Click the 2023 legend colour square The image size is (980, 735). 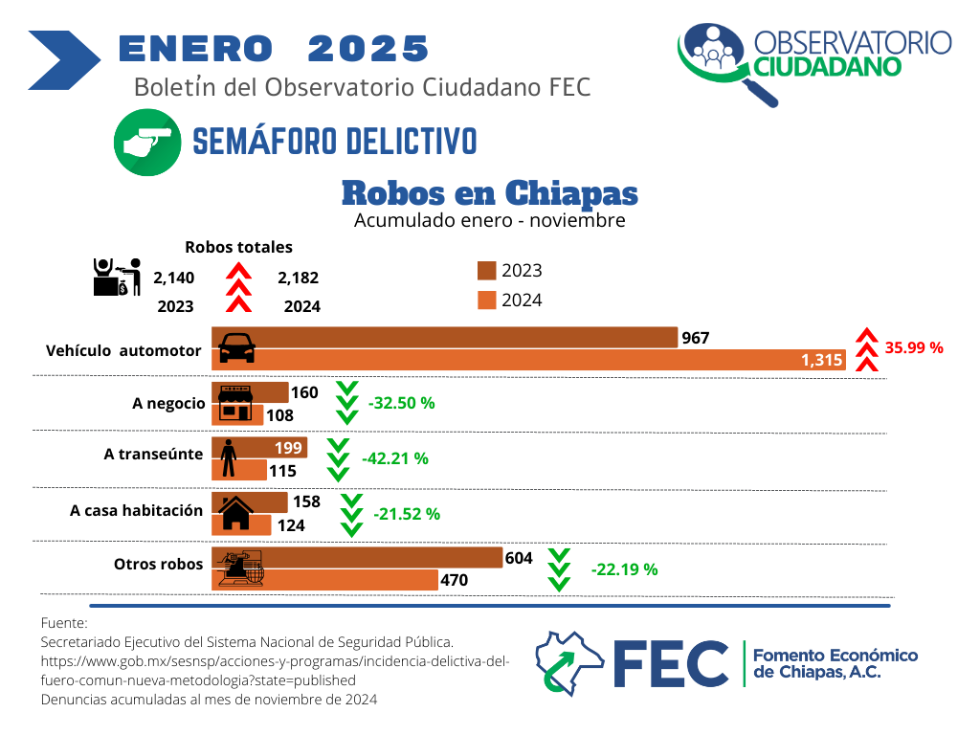[x=485, y=271]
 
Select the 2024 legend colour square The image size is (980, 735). [x=485, y=301]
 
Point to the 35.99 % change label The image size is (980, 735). [x=914, y=347]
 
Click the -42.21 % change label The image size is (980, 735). [x=394, y=458]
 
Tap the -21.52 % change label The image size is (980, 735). [x=407, y=514]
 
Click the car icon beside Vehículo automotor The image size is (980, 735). [x=237, y=348]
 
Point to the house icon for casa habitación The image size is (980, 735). [x=236, y=513]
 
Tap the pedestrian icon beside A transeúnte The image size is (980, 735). [x=229, y=457]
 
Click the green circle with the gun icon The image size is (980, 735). [x=147, y=142]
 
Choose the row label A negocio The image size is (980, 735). [x=168, y=403]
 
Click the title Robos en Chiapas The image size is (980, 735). [x=489, y=192]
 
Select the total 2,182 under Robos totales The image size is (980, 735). [x=298, y=278]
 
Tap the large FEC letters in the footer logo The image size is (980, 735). [x=670, y=661]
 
